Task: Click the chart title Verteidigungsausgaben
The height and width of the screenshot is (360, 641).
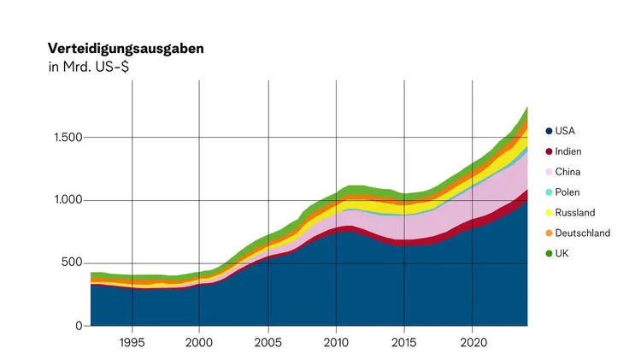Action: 126,48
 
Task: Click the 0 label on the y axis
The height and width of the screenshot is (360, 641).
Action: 78,326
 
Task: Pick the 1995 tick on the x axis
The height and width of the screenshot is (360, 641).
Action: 132,341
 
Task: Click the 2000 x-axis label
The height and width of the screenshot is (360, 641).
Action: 199,341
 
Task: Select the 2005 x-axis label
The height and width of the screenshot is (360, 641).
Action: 268,341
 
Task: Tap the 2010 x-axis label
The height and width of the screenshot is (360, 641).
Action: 337,341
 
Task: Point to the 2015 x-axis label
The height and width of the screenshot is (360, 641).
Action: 405,341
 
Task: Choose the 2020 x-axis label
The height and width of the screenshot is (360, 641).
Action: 473,341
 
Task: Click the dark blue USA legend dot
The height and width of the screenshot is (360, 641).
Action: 548,131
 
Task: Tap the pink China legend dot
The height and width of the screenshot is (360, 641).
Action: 548,172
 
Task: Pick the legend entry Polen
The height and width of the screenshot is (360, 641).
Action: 567,192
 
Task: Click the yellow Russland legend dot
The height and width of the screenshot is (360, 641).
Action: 548,212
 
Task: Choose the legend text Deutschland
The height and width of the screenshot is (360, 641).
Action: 582,233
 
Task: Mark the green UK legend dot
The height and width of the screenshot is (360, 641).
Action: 548,253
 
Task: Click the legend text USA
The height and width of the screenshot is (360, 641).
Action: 565,131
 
